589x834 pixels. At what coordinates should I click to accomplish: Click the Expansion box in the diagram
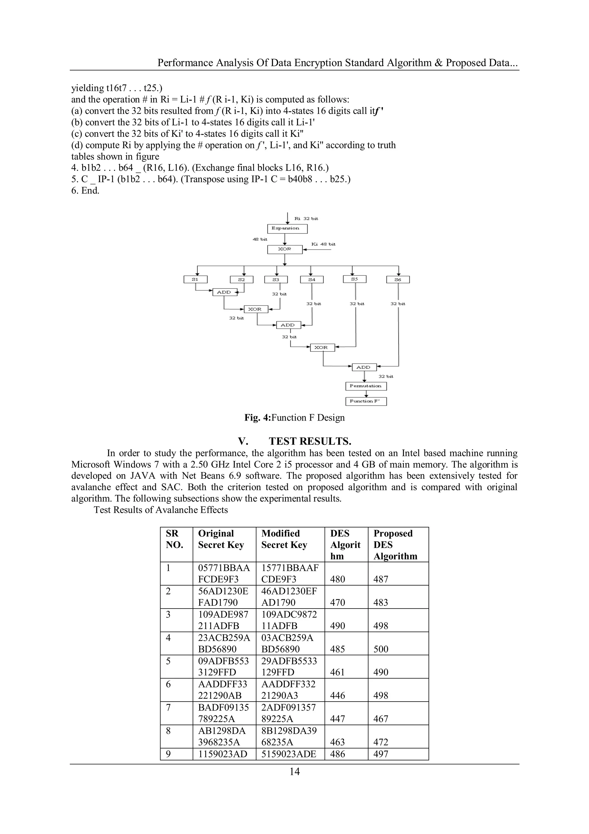click(287, 229)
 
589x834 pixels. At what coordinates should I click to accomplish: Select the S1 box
click(195, 279)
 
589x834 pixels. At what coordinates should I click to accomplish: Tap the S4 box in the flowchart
click(312, 279)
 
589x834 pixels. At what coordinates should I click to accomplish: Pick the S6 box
click(398, 279)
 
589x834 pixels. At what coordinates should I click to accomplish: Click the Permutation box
click(366, 386)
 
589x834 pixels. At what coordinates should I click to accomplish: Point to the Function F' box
click(366, 401)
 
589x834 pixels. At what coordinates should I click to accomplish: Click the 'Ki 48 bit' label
click(323, 244)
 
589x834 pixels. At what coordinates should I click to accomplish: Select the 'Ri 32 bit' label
click(306, 218)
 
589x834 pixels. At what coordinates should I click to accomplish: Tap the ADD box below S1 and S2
click(224, 292)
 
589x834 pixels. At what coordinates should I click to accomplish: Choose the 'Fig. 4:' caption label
click(257, 418)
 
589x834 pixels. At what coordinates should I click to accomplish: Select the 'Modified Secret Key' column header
click(284, 539)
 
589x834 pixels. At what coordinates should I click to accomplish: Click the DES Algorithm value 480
click(338, 580)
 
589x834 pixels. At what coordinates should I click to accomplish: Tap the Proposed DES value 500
click(381, 649)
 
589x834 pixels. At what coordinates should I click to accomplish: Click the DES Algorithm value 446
click(338, 696)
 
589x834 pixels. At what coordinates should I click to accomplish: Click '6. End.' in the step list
click(85, 191)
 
